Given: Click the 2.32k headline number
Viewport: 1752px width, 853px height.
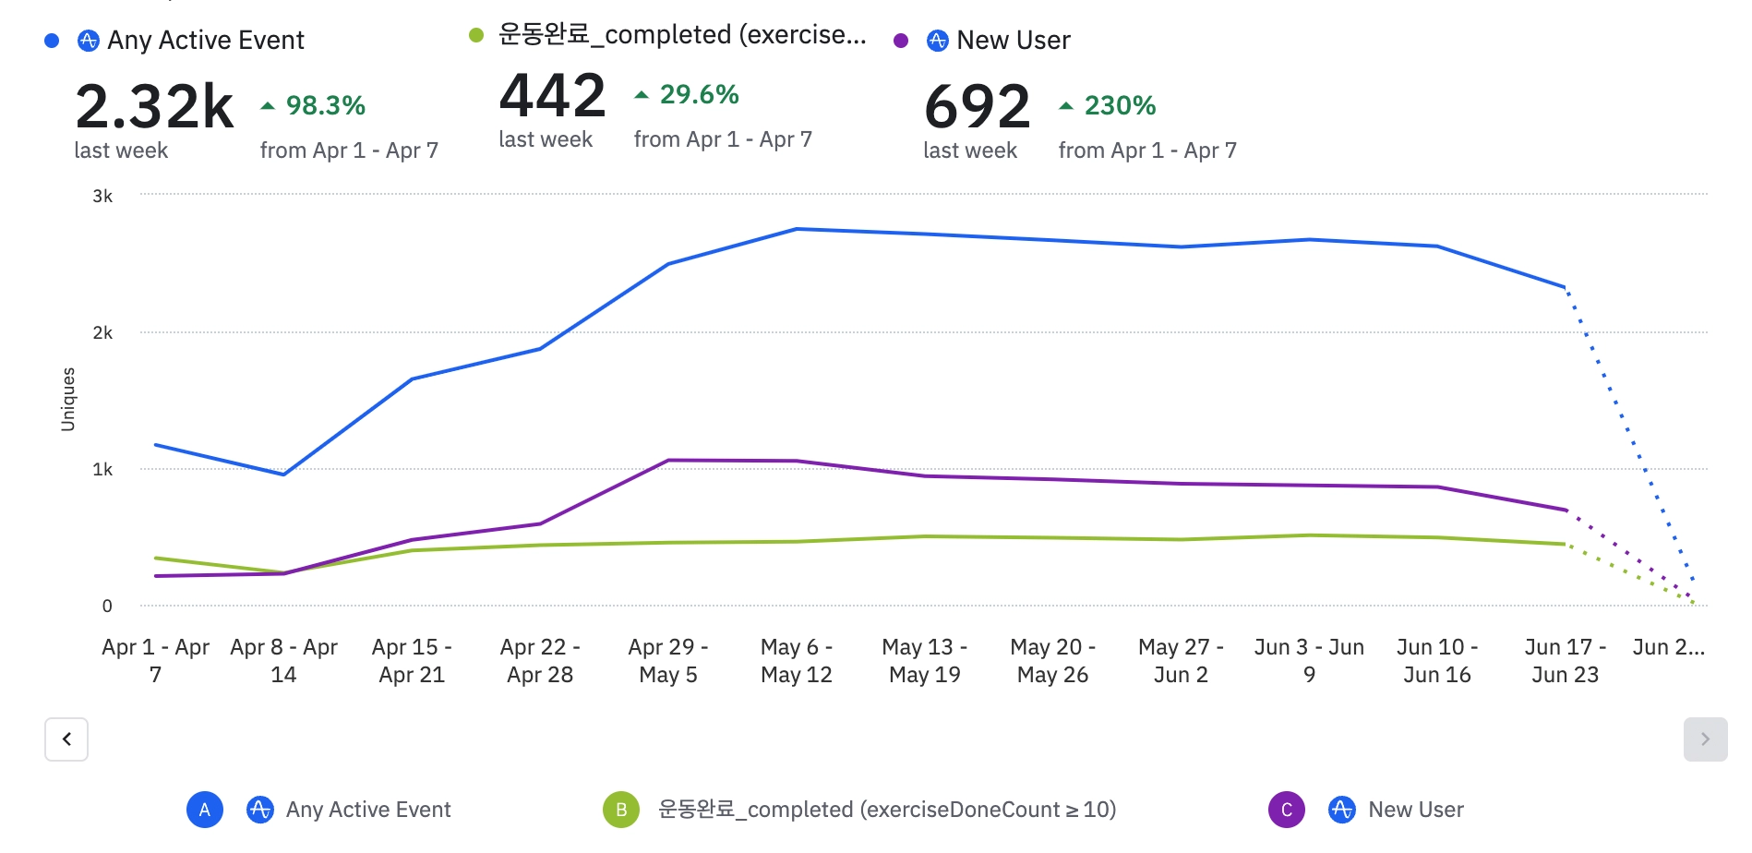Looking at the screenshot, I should (154, 106).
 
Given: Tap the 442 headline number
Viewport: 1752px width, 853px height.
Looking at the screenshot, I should (552, 96).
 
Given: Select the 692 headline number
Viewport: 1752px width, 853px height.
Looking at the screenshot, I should (977, 106).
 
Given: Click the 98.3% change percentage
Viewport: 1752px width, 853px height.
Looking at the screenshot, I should (325, 106).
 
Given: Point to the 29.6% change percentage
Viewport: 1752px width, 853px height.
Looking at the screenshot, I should (699, 95).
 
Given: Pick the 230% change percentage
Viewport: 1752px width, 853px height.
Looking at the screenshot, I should (1120, 106).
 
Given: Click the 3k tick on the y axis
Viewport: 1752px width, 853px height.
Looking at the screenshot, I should (102, 196).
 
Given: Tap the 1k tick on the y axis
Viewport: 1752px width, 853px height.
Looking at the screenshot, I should (102, 469).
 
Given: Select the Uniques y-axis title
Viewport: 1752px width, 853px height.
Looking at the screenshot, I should (68, 399).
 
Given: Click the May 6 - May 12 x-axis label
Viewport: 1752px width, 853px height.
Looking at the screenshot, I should (796, 661).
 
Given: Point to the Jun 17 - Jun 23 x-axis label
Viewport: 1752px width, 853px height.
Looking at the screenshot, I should (1565, 661).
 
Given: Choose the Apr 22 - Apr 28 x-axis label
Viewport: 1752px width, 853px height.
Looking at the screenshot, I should (540, 661).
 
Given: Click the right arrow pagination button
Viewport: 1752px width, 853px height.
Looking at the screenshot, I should (1705, 739).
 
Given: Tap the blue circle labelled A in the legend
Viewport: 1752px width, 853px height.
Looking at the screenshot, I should (205, 810).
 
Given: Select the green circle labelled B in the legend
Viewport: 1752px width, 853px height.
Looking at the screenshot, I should (621, 810).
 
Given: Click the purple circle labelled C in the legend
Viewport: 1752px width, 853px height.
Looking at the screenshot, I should (1287, 810).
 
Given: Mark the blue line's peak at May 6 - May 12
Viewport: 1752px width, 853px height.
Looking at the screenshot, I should (797, 229).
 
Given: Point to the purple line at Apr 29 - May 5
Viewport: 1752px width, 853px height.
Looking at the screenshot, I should (668, 460).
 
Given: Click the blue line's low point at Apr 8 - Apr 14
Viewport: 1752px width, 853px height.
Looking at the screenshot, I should (283, 475).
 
